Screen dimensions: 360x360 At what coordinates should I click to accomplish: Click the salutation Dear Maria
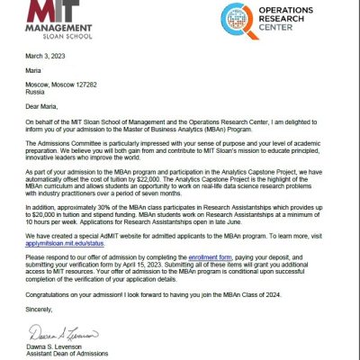pos(47,112)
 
